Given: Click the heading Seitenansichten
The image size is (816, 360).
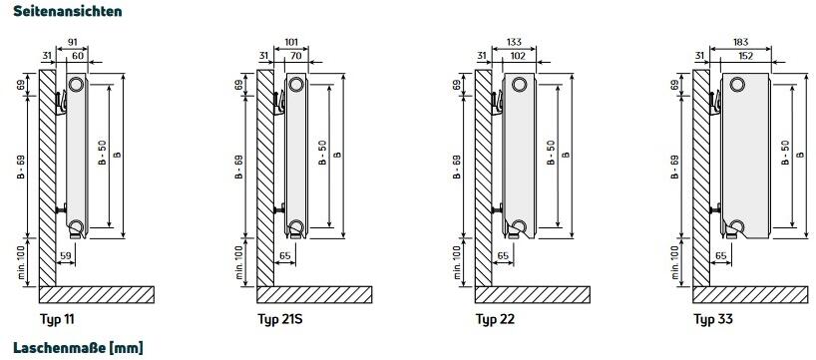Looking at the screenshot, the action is point(68,10).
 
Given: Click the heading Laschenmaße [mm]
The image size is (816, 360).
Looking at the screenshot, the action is point(78,347).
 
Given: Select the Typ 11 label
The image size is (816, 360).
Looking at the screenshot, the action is point(57,319).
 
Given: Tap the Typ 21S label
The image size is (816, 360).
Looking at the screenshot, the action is point(280,319).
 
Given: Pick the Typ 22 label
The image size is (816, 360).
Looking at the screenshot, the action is point(495,319).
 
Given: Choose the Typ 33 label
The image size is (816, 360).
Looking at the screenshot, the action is point(713,319).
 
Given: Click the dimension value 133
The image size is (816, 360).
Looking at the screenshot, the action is point(514,42).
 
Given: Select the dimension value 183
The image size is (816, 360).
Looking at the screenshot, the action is point(740,42).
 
